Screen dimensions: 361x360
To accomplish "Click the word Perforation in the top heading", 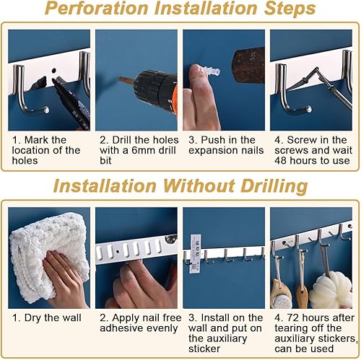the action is (x=96, y=9).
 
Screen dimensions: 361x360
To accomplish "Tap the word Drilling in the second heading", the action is (x=274, y=186).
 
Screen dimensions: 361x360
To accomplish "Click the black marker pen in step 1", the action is (x=71, y=104).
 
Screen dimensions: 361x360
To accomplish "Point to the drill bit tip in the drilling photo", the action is (x=118, y=79).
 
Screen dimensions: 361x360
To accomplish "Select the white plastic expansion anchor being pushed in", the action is (x=211, y=70).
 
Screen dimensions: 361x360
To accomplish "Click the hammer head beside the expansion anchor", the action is (x=248, y=64).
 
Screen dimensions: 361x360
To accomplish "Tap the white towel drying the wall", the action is (x=49, y=258).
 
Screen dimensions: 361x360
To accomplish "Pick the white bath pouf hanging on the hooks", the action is (x=330, y=290).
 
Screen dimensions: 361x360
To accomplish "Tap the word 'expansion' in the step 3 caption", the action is (x=211, y=151).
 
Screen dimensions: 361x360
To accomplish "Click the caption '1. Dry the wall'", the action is (x=47, y=317).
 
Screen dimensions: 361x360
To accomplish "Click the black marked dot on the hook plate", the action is (x=54, y=71).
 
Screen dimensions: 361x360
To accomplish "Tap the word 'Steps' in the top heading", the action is (x=290, y=9).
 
